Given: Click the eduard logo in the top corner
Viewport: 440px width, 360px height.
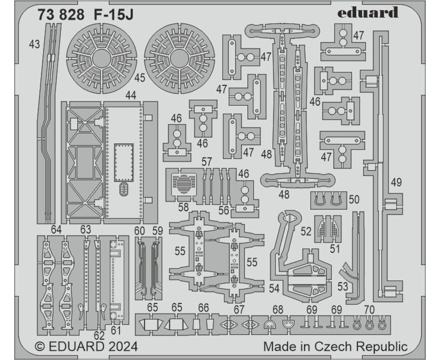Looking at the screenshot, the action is pos(368,13).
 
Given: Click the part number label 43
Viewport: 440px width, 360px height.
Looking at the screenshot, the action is pos(35,44).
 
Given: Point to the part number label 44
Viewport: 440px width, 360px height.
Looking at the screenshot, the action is pos(131,95).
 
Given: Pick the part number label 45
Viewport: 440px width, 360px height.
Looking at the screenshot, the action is pos(139,78).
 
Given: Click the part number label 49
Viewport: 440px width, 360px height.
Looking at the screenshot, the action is pos(396,183).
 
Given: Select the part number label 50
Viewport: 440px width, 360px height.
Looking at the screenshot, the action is pos(354,200).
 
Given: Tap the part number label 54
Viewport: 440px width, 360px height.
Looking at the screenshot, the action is pos(274,288).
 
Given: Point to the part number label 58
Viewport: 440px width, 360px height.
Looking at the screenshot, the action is pos(183,207).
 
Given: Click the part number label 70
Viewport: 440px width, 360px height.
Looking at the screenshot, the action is pos(369,310).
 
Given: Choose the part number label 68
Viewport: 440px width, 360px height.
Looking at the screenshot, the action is pos(278,310).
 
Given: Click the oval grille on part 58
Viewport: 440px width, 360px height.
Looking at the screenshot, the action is pos(183,184).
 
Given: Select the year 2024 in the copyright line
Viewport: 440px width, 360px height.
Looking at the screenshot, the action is pos(123,346).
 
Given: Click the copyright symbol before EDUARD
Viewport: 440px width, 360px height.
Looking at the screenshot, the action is pos(40,347).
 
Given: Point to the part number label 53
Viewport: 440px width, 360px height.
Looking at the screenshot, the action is pos(343,286).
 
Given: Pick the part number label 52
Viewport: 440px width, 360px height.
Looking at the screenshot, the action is pos(306,231).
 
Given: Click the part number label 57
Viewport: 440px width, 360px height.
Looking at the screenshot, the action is pos(207,162).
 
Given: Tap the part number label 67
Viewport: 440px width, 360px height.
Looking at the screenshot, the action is pos(239,310).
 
